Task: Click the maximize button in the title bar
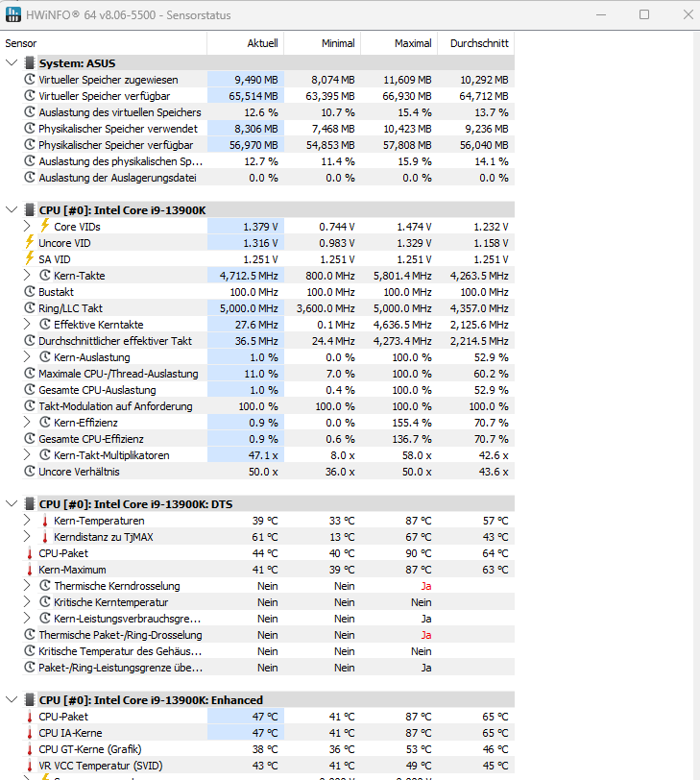point(643,14)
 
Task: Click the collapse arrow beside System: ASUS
point(12,63)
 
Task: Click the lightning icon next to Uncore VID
point(30,243)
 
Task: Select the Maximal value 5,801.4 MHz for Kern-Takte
point(399,276)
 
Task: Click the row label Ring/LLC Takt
point(70,308)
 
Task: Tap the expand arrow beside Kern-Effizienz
point(27,423)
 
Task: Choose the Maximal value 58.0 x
point(417,455)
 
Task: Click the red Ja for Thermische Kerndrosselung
point(425,586)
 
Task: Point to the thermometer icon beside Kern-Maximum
point(30,570)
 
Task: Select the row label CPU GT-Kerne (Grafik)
point(90,749)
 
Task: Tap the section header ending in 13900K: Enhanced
point(151,700)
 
